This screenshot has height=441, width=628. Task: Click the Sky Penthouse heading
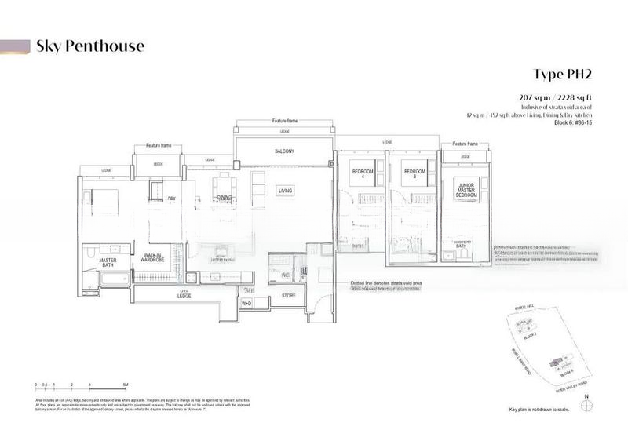[x=89, y=46]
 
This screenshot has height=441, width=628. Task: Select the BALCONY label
[x=284, y=152]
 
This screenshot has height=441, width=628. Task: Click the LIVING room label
[x=284, y=191]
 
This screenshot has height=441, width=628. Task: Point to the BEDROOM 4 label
[x=362, y=174]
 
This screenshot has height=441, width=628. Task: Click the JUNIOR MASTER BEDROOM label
[x=466, y=188]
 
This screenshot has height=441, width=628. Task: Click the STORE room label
[x=288, y=295]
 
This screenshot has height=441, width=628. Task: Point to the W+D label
[x=246, y=303]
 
